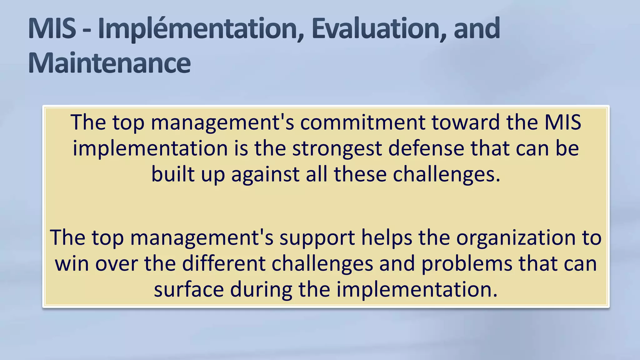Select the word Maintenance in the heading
109,63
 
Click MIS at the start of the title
52,29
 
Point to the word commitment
362,122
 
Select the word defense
426,148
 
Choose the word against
265,174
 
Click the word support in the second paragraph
317,237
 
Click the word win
72,263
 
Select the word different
224,263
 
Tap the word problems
467,263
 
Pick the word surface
189,289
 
